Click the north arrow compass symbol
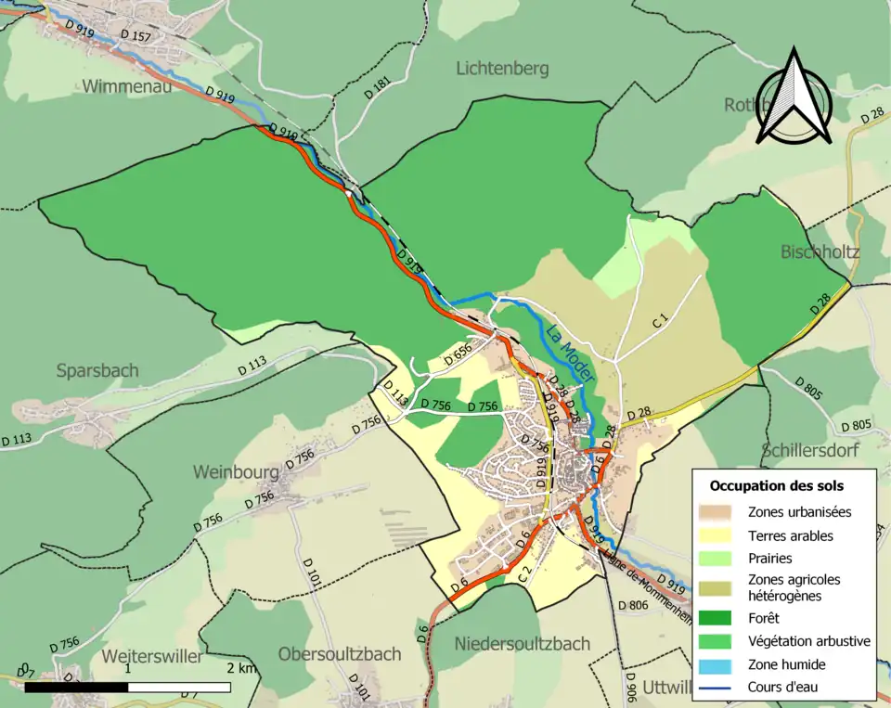tap(793, 97)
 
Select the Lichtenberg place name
tap(502, 68)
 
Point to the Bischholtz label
tap(820, 252)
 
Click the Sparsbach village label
tap(97, 370)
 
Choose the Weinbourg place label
tap(236, 471)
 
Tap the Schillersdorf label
tap(809, 451)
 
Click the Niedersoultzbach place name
tap(522, 643)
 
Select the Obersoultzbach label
tap(340, 653)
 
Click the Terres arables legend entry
tap(790, 535)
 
